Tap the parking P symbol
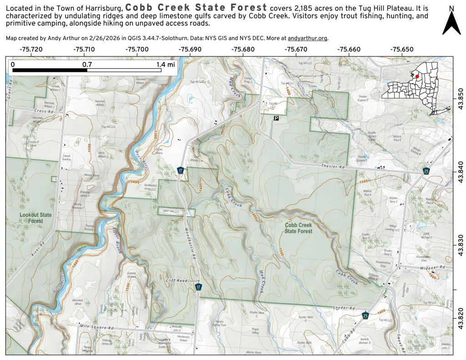[x=276, y=118]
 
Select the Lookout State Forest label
[x=35, y=218]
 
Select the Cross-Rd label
[x=44, y=111]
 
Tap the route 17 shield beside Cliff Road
[x=198, y=287]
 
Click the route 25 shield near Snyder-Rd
[x=365, y=315]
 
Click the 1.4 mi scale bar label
[x=165, y=65]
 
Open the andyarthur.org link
[x=307, y=38]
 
